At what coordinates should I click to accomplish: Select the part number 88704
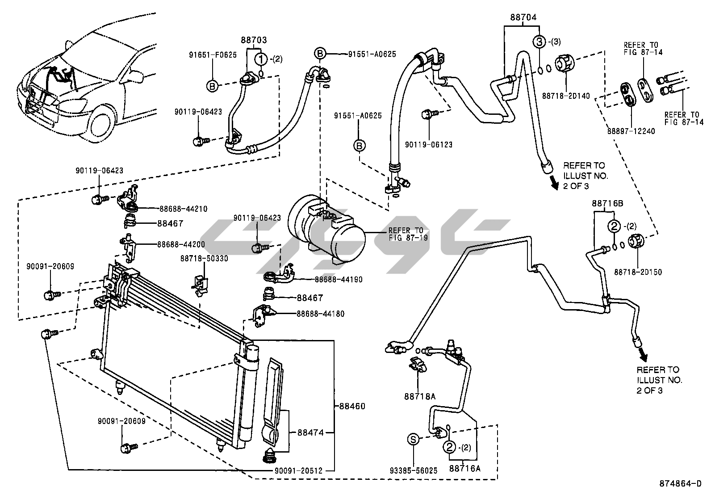[x=523, y=17]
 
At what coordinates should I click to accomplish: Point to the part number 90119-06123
[x=429, y=145]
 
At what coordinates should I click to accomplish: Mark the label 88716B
[x=607, y=203]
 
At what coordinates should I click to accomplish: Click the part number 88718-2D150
[x=638, y=272]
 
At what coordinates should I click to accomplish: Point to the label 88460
[x=352, y=407]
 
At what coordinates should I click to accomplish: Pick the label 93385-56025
[x=414, y=470]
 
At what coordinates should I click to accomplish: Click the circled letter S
[x=414, y=440]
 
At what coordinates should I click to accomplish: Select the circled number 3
[x=540, y=42]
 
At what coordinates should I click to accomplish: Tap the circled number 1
[x=261, y=59]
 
